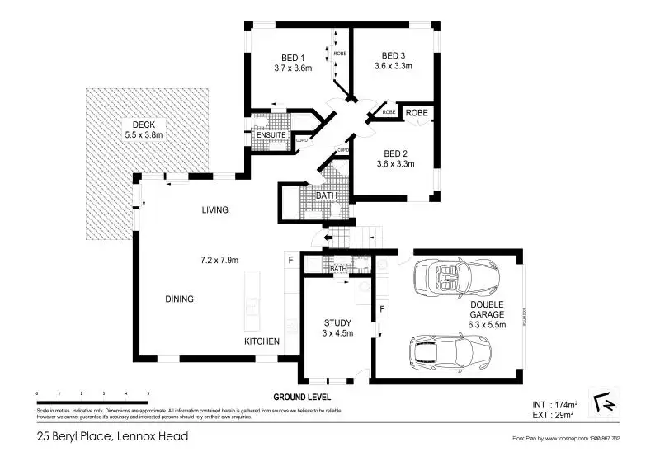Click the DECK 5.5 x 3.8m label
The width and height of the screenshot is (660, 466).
[x=144, y=129]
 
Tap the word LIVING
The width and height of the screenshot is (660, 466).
[x=214, y=210]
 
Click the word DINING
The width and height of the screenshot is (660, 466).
[x=179, y=299]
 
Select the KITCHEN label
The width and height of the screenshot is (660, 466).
[x=262, y=341]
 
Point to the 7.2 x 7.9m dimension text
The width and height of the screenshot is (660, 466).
[x=219, y=261]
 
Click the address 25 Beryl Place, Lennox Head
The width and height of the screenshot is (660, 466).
[x=112, y=435]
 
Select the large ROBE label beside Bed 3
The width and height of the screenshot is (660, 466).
[x=417, y=111]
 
